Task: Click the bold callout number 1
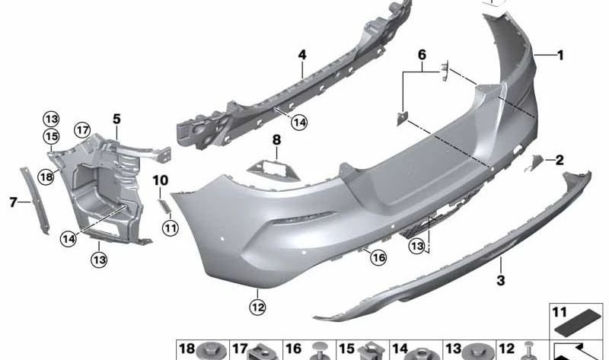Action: click(x=561, y=55)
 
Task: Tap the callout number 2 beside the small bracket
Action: click(x=560, y=160)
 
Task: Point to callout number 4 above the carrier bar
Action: click(x=302, y=55)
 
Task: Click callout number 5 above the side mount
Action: click(x=116, y=119)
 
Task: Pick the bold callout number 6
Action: click(x=421, y=55)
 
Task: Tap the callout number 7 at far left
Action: click(x=13, y=202)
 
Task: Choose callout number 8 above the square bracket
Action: click(x=276, y=140)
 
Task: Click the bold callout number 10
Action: click(x=160, y=180)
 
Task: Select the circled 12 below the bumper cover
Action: click(x=258, y=307)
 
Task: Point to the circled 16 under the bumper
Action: click(x=378, y=259)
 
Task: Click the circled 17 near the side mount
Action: click(x=82, y=130)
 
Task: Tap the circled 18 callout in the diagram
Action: click(x=46, y=176)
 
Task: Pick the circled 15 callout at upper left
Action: click(x=50, y=136)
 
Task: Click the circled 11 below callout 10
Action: click(x=169, y=227)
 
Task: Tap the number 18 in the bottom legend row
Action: click(x=187, y=349)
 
